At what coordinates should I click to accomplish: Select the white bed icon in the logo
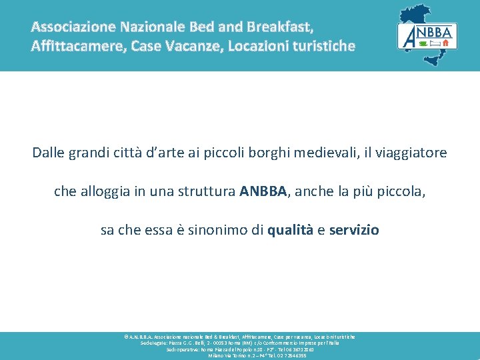435,43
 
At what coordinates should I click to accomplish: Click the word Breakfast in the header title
279,27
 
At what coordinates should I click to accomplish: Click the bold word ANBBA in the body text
263,191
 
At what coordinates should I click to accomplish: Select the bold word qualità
291,230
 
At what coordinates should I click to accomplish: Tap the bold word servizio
354,230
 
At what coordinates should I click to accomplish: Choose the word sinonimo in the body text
221,230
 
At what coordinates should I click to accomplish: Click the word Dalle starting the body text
48,153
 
